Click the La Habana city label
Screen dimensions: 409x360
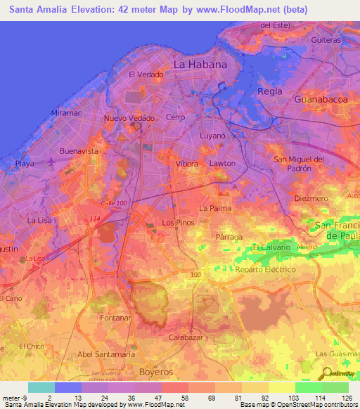200,64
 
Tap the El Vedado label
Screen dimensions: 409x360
146,74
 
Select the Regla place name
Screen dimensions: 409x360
270,91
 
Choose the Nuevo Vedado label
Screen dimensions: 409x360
129,118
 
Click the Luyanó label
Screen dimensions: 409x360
212,134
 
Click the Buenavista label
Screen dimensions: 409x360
78,151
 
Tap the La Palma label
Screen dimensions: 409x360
215,208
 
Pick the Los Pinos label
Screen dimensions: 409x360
178,223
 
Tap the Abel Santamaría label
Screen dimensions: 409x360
105,354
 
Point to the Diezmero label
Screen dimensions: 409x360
311,198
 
